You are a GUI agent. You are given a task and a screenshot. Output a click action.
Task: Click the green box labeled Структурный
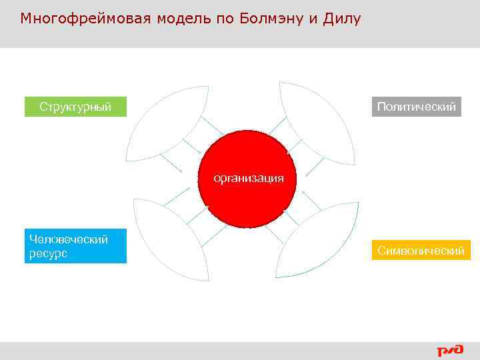coord(75,107)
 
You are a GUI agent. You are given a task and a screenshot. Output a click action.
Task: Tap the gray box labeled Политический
coord(416,107)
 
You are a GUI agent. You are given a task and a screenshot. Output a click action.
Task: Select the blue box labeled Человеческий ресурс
coord(75,247)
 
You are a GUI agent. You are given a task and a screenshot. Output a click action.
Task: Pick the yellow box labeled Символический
coord(421,251)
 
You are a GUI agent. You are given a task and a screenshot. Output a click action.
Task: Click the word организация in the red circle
coord(248,178)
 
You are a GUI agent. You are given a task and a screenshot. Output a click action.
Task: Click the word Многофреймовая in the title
coord(86,19)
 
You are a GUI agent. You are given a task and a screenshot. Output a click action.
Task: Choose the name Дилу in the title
coord(341,19)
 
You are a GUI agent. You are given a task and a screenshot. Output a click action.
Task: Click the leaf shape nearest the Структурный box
coord(167,124)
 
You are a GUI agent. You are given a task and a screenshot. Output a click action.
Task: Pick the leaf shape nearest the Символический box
coord(317,240)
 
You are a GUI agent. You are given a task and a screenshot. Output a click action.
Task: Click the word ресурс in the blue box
coord(49,254)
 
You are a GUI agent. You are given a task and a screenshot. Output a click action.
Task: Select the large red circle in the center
coord(247,200)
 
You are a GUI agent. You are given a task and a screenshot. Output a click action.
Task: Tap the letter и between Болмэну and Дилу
coord(312,19)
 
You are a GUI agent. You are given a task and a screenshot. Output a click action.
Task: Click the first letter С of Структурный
coord(43,107)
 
